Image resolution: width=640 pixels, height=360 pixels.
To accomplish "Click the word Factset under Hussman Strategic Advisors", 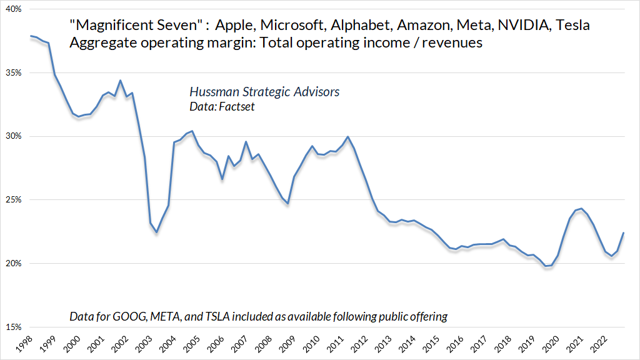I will tap(235, 107).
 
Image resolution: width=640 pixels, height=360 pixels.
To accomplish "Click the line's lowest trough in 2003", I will tap(157, 232).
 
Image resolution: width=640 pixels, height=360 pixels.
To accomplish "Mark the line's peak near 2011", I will tap(348, 137).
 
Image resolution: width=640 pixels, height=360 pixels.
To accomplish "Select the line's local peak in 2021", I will tap(581, 209).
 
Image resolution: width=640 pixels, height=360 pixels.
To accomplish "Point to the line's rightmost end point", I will tap(624, 233).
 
